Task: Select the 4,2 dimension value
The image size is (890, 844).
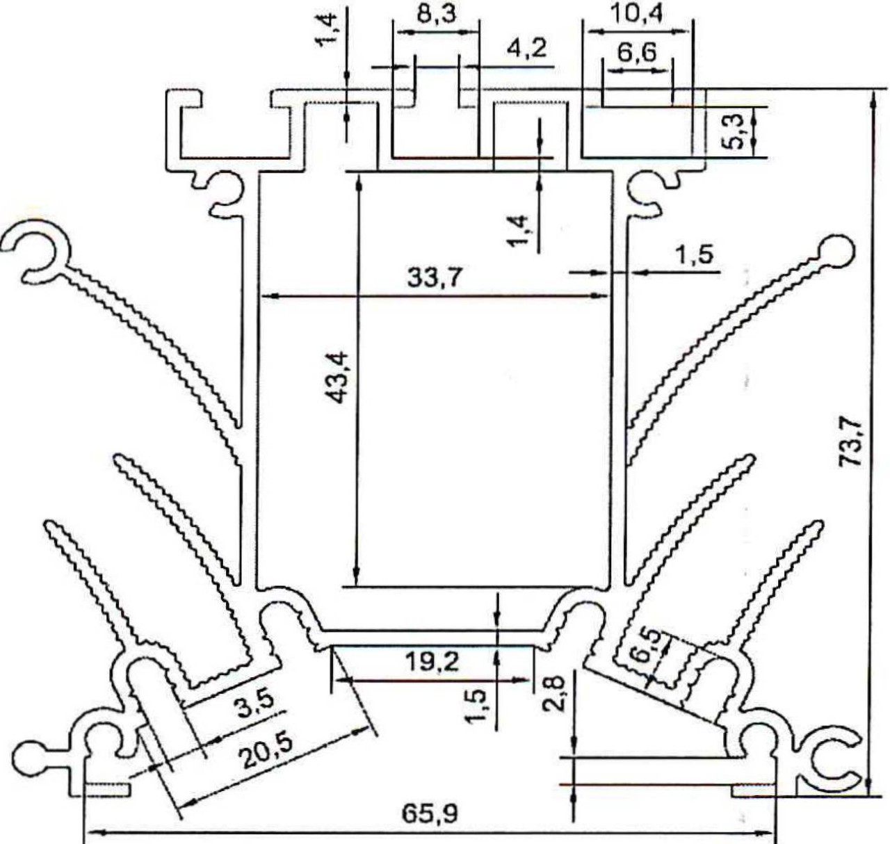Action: (x=526, y=49)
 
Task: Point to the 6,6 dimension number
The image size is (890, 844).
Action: (x=636, y=53)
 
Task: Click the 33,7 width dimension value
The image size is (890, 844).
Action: (x=434, y=277)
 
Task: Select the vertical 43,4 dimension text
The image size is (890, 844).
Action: (x=337, y=376)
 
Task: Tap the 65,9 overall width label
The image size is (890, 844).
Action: (x=430, y=812)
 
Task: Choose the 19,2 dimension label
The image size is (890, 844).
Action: (x=432, y=662)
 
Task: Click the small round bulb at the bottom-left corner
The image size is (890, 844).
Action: (x=31, y=758)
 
